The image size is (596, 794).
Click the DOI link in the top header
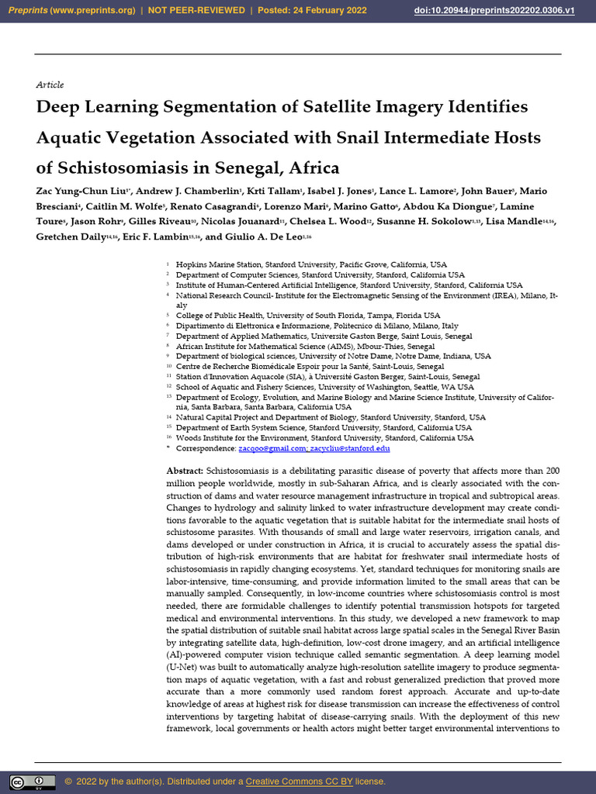point(506,11)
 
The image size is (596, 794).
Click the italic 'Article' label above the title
point(50,85)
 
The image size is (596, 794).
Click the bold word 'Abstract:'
point(185,471)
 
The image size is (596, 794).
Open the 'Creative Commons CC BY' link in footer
point(299,781)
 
